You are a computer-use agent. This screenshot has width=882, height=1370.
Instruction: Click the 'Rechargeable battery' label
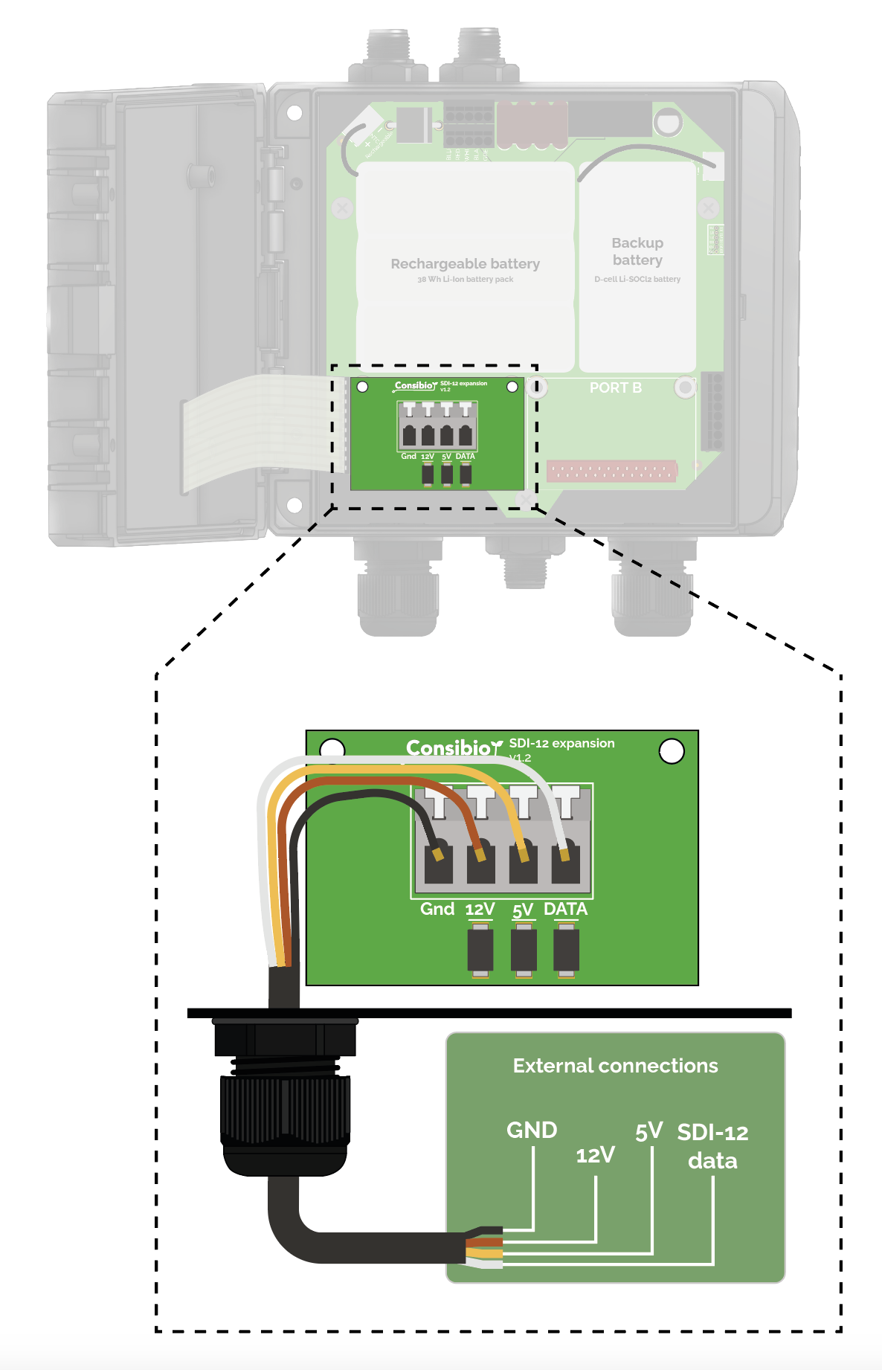pos(465,264)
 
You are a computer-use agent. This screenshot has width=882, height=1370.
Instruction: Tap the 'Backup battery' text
pos(637,251)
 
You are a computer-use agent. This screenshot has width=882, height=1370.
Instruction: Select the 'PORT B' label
pos(615,387)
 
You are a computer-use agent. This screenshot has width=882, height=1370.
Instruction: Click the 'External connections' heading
pos(615,1066)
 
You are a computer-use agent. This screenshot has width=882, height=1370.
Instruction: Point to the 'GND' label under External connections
pos(532,1130)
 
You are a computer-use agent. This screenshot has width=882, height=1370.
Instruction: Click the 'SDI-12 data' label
pos(712,1146)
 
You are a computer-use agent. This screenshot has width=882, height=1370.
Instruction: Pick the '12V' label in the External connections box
pos(595,1155)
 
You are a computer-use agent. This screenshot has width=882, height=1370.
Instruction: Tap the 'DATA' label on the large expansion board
pos(565,909)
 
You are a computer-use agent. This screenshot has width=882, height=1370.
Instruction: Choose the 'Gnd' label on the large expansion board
pos(437,909)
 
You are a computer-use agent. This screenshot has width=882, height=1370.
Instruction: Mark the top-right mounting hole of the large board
pos(672,751)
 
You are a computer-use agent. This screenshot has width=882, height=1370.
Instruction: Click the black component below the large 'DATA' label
pos(566,950)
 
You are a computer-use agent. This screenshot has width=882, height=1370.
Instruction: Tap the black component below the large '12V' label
pos(480,950)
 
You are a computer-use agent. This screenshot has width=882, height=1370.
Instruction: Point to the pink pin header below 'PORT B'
pos(611,471)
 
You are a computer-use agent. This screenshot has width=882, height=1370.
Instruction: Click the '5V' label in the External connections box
pos(648,1131)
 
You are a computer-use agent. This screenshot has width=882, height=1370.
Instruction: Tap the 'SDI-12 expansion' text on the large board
pos(561,743)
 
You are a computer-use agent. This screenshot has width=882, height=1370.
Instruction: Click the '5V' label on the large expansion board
pos(523,910)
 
